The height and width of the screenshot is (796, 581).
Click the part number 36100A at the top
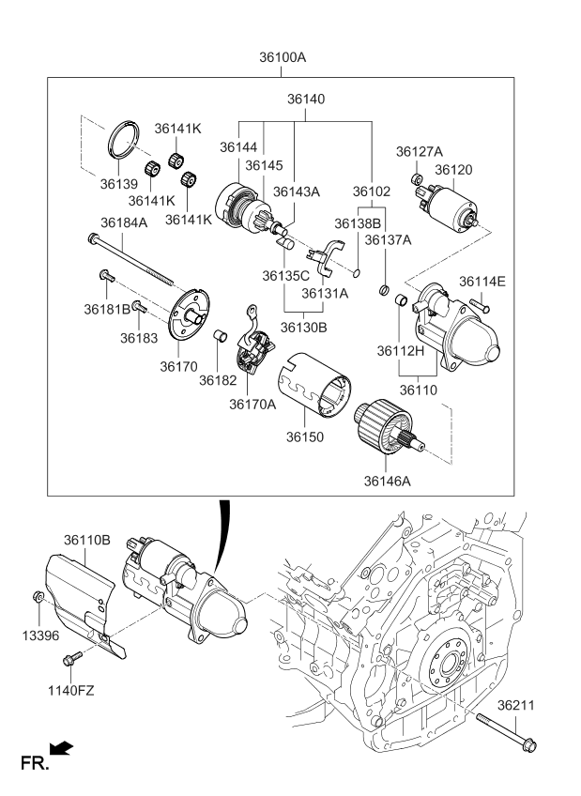283,57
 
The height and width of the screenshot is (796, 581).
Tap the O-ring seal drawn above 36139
124,138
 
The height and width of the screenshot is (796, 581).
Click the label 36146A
390,482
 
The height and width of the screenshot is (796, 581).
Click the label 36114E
482,281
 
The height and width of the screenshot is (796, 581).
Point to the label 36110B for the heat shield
87,541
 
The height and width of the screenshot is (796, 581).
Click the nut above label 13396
37,597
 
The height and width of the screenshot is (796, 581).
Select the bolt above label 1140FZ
68,662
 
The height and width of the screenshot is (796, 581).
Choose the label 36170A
252,405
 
